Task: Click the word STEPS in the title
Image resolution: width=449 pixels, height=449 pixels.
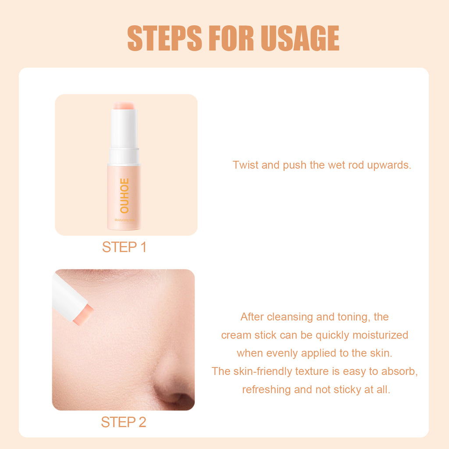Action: click(165, 39)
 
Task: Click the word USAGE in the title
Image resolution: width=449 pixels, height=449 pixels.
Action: click(300, 39)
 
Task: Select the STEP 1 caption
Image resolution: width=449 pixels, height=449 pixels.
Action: click(124, 247)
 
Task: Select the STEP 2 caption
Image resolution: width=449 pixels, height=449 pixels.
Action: click(123, 422)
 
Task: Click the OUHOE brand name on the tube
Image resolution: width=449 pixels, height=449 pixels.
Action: click(124, 196)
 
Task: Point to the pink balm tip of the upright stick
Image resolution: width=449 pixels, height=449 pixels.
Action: click(125, 106)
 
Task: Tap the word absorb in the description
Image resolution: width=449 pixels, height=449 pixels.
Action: click(400, 371)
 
